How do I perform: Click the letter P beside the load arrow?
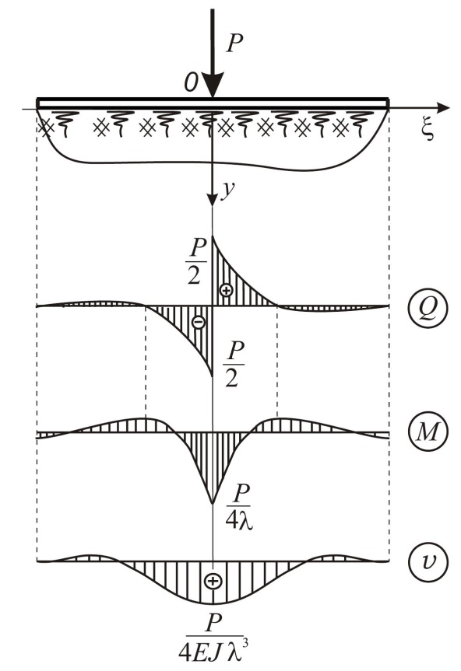click(234, 43)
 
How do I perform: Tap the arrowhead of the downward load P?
click(213, 85)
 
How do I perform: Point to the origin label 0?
click(191, 82)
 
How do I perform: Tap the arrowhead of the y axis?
click(213, 198)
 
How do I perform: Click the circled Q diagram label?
click(428, 307)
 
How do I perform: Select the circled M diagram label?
click(428, 432)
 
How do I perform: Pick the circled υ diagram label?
click(428, 561)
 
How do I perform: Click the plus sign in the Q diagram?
click(226, 290)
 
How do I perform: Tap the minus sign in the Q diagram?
click(199, 321)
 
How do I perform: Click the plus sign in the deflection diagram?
click(213, 581)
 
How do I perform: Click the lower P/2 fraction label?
click(234, 364)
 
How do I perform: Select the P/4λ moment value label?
click(239, 508)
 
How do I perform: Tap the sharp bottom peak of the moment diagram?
click(213, 503)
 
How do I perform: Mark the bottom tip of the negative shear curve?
click(213, 376)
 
